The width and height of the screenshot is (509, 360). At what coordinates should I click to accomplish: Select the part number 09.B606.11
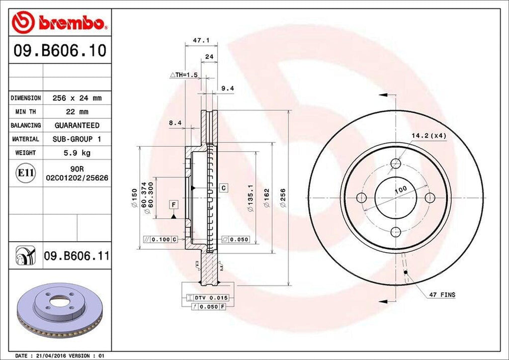(x=76, y=256)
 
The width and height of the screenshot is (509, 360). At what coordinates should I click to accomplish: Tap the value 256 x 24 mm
(x=76, y=98)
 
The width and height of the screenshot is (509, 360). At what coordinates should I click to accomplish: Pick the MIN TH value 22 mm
(x=76, y=112)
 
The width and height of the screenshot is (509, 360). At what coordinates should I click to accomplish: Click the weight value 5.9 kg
(x=76, y=153)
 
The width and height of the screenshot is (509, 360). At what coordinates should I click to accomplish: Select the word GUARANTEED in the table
(x=77, y=125)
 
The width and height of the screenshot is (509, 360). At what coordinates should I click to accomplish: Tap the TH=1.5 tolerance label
(x=184, y=75)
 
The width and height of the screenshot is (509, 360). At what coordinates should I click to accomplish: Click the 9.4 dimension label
(x=227, y=89)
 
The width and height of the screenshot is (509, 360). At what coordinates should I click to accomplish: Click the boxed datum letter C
(x=224, y=188)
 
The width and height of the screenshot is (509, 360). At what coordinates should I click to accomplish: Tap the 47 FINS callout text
(x=441, y=295)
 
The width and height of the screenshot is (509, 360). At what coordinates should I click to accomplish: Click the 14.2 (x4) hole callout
(x=429, y=135)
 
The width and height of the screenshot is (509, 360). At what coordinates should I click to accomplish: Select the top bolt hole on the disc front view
(x=396, y=164)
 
